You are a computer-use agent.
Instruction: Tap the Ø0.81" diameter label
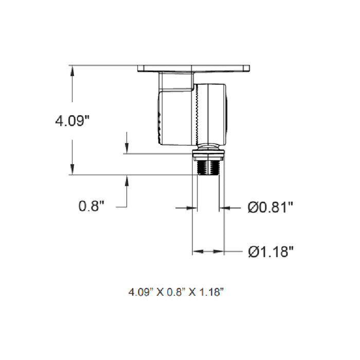tap(271, 208)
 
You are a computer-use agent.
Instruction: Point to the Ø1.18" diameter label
tap(271, 252)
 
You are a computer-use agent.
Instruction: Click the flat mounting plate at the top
tap(194, 68)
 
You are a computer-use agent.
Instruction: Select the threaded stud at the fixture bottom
tap(208, 167)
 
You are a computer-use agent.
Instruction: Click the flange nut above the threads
tap(208, 153)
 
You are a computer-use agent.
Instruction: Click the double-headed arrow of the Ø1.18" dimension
tap(208, 251)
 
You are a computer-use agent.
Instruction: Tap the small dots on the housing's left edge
tap(158, 123)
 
